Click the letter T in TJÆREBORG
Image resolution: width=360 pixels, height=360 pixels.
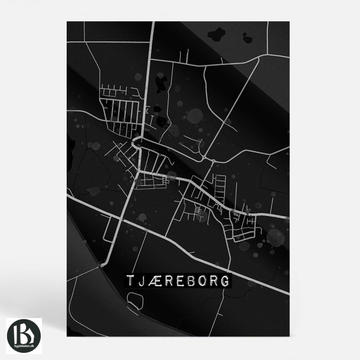coord(130,280)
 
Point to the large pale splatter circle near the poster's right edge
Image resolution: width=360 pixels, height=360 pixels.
coord(276,237)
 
